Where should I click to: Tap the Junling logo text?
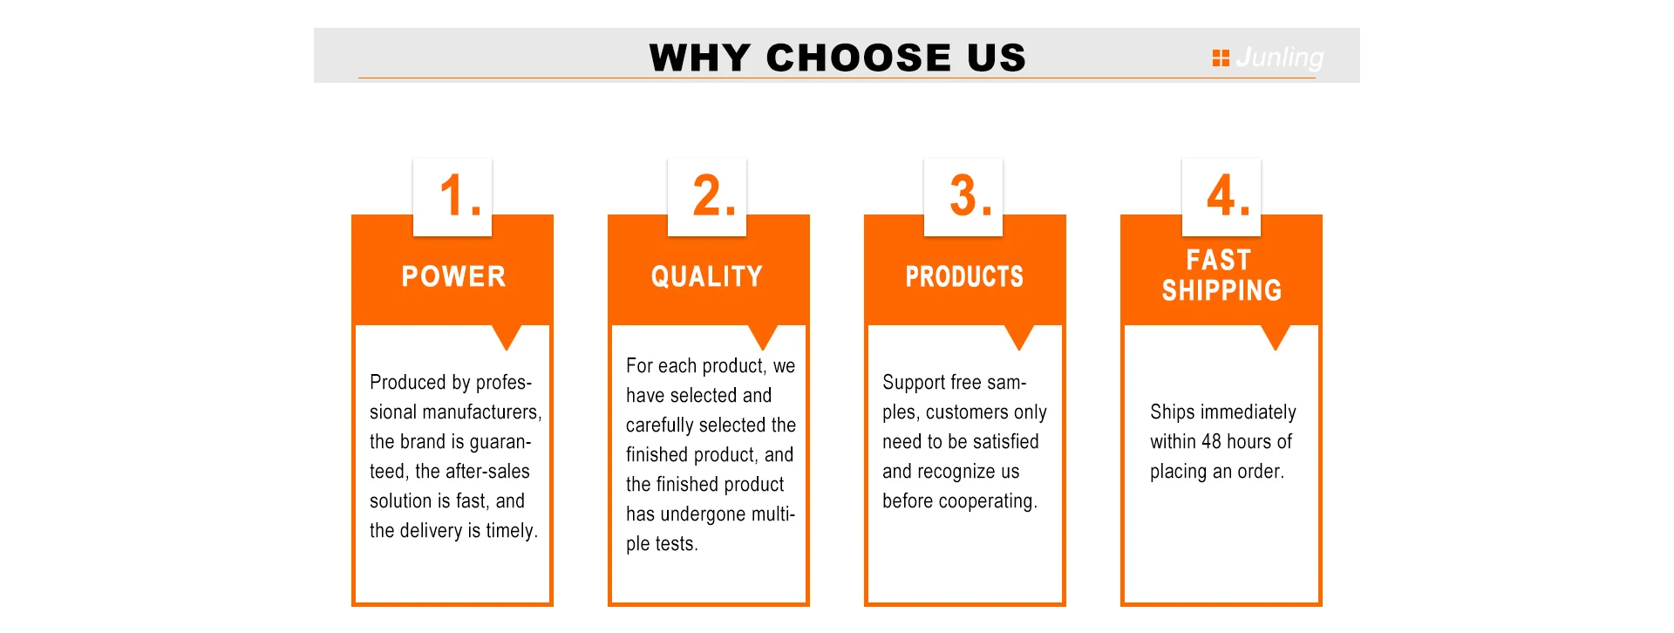pos(1279,58)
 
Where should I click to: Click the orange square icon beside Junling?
pos(1221,58)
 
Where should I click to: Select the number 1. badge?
pos(453,196)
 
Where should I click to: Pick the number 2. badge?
pos(707,196)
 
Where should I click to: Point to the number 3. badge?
pos(963,196)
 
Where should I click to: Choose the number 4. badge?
pos(1221,196)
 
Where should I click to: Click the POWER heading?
pos(453,276)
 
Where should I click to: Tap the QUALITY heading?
pos(707,276)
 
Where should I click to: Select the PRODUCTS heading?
pos(964,276)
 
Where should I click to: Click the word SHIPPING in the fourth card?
pos(1221,290)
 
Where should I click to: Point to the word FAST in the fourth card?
pos(1219,260)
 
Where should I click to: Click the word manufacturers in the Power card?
pos(486,412)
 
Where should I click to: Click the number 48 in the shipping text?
pos(1211,441)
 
